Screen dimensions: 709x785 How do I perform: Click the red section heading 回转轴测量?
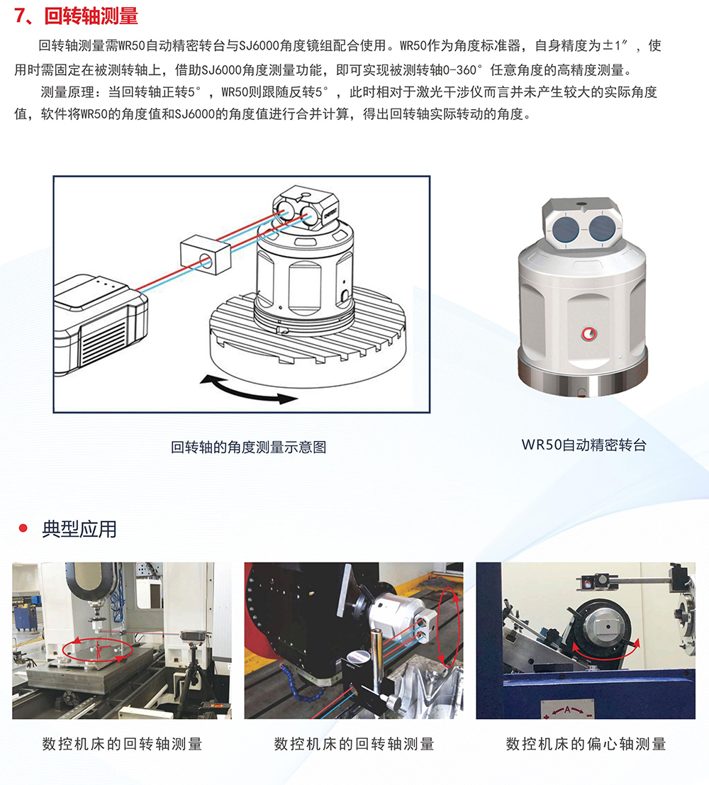click(91, 16)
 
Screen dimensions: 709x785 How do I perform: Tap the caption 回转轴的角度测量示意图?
click(248, 447)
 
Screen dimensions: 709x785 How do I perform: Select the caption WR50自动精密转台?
click(584, 445)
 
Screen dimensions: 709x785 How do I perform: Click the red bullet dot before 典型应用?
click(23, 528)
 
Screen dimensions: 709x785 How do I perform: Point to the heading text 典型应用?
click(79, 529)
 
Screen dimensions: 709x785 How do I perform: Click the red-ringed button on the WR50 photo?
click(588, 334)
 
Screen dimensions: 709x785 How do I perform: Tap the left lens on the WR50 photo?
click(566, 228)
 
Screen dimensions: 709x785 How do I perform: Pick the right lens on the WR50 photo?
click(603, 227)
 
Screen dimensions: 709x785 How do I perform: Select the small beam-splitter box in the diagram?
click(206, 255)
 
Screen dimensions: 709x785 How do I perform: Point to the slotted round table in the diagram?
click(308, 340)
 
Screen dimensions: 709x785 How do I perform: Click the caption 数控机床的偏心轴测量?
click(586, 744)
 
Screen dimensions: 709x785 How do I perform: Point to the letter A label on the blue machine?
click(567, 710)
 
